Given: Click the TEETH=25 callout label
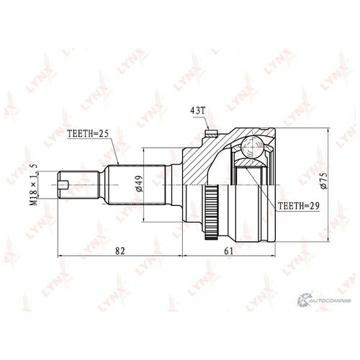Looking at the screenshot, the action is point(88,134).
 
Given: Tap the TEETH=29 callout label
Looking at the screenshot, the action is point(298,206).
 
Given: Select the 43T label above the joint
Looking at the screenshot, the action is point(198,110).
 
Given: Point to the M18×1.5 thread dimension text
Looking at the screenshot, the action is point(34,184).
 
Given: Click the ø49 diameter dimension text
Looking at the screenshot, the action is point(139,184).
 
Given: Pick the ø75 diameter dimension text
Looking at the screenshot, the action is point(324,181).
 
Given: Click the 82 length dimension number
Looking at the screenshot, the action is point(120,251).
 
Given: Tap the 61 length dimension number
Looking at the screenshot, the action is point(229,251).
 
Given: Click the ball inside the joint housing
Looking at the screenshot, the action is point(253,147).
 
